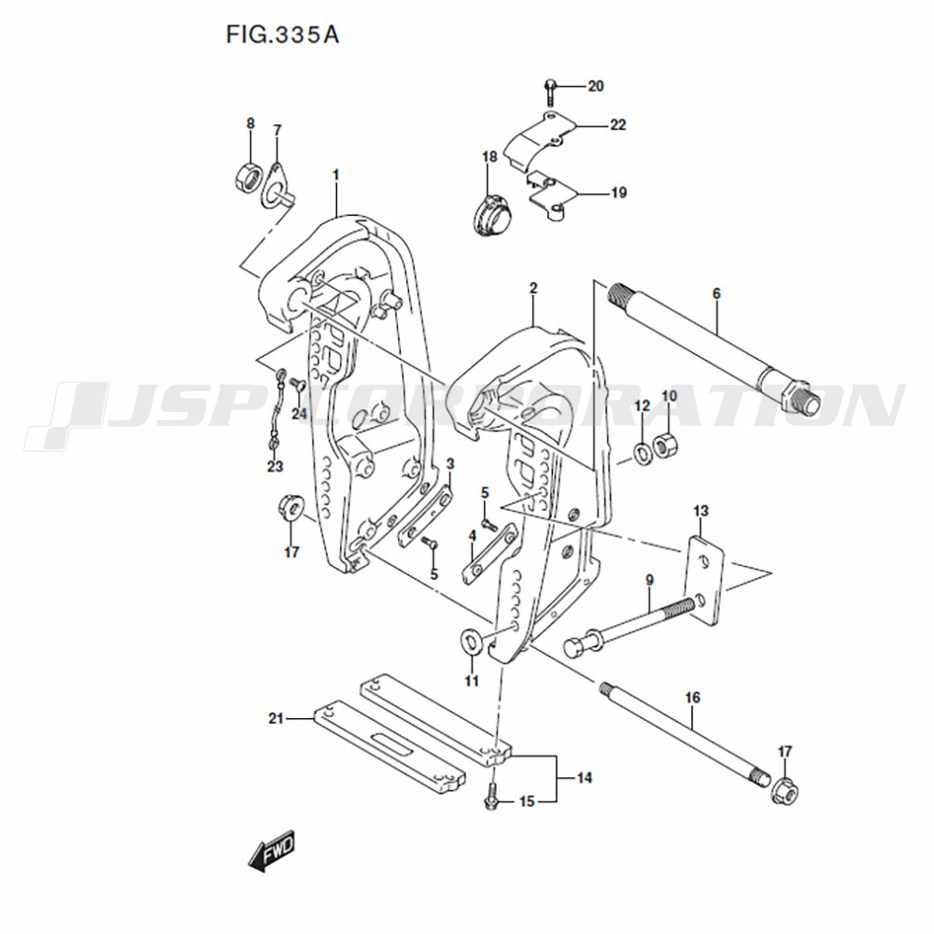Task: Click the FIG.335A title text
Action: click(x=282, y=35)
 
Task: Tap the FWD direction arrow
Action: click(x=272, y=851)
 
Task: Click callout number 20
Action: click(x=596, y=86)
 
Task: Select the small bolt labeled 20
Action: click(x=548, y=93)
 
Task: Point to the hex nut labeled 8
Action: click(x=247, y=177)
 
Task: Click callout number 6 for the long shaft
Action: click(x=716, y=293)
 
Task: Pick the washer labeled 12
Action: click(x=643, y=454)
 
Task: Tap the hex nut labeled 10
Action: click(x=666, y=446)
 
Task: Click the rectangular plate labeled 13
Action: click(x=704, y=581)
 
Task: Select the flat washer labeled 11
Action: click(x=472, y=641)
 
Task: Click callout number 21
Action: click(x=276, y=719)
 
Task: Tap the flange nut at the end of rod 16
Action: click(x=784, y=790)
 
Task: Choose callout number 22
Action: click(x=617, y=125)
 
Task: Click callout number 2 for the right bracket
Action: click(x=533, y=289)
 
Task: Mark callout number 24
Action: click(x=299, y=413)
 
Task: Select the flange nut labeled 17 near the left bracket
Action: click(x=291, y=507)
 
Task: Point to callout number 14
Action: click(x=585, y=778)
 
